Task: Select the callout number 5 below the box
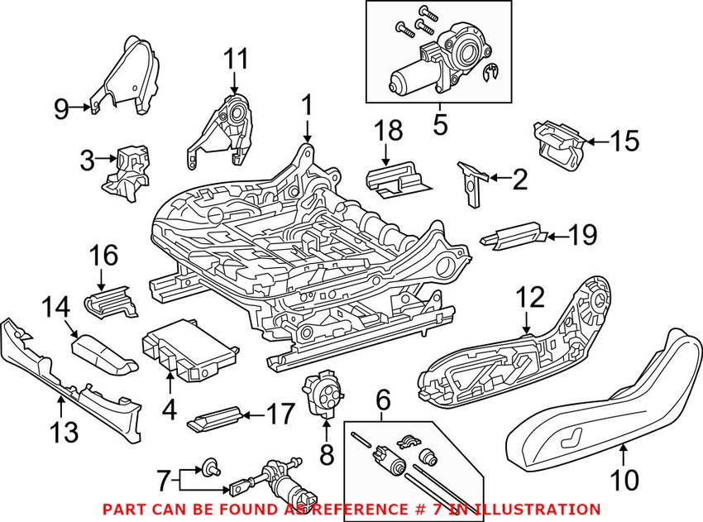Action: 438,126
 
